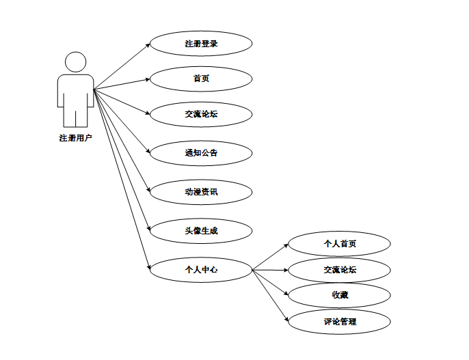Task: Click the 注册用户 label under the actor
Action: tap(75, 138)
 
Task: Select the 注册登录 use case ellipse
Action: tap(201, 44)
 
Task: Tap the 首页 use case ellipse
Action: tap(201, 79)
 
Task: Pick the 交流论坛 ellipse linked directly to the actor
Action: tap(201, 114)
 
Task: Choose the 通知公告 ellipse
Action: tap(201, 153)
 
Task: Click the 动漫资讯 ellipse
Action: tap(201, 192)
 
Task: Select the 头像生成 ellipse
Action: tap(201, 231)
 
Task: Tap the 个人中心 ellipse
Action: tap(201, 270)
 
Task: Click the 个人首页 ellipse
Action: tap(339, 244)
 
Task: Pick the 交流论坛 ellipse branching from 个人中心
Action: tap(339, 271)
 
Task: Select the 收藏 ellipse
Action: tap(339, 295)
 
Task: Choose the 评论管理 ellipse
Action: tap(339, 321)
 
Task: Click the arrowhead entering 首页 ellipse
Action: tap(148, 79)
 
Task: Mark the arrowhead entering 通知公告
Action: tap(148, 151)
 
